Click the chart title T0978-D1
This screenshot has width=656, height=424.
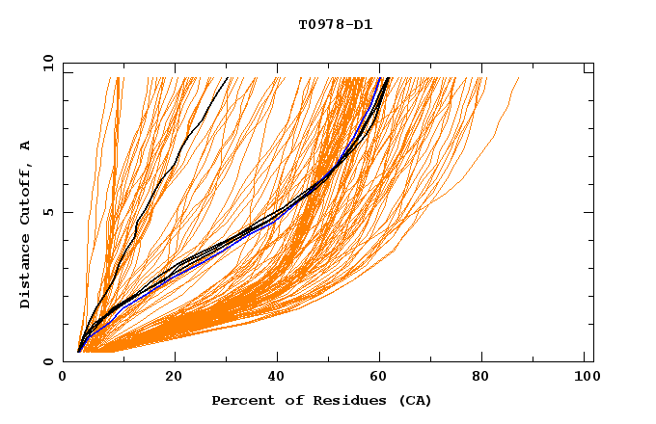pyautogui.click(x=335, y=25)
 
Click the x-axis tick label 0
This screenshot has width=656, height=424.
pyautogui.click(x=63, y=377)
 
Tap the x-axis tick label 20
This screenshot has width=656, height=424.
pyautogui.click(x=174, y=377)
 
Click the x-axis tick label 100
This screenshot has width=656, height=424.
pyautogui.click(x=582, y=377)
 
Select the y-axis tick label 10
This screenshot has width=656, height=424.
pyautogui.click(x=46, y=63)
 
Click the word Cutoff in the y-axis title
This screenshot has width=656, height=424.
pyautogui.click(x=26, y=193)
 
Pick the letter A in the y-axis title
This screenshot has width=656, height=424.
pyautogui.click(x=26, y=146)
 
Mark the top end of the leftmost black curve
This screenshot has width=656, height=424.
pyautogui.click(x=227, y=78)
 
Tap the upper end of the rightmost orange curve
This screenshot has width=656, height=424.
pyautogui.click(x=519, y=78)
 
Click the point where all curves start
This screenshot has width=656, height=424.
pyautogui.click(x=79, y=351)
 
